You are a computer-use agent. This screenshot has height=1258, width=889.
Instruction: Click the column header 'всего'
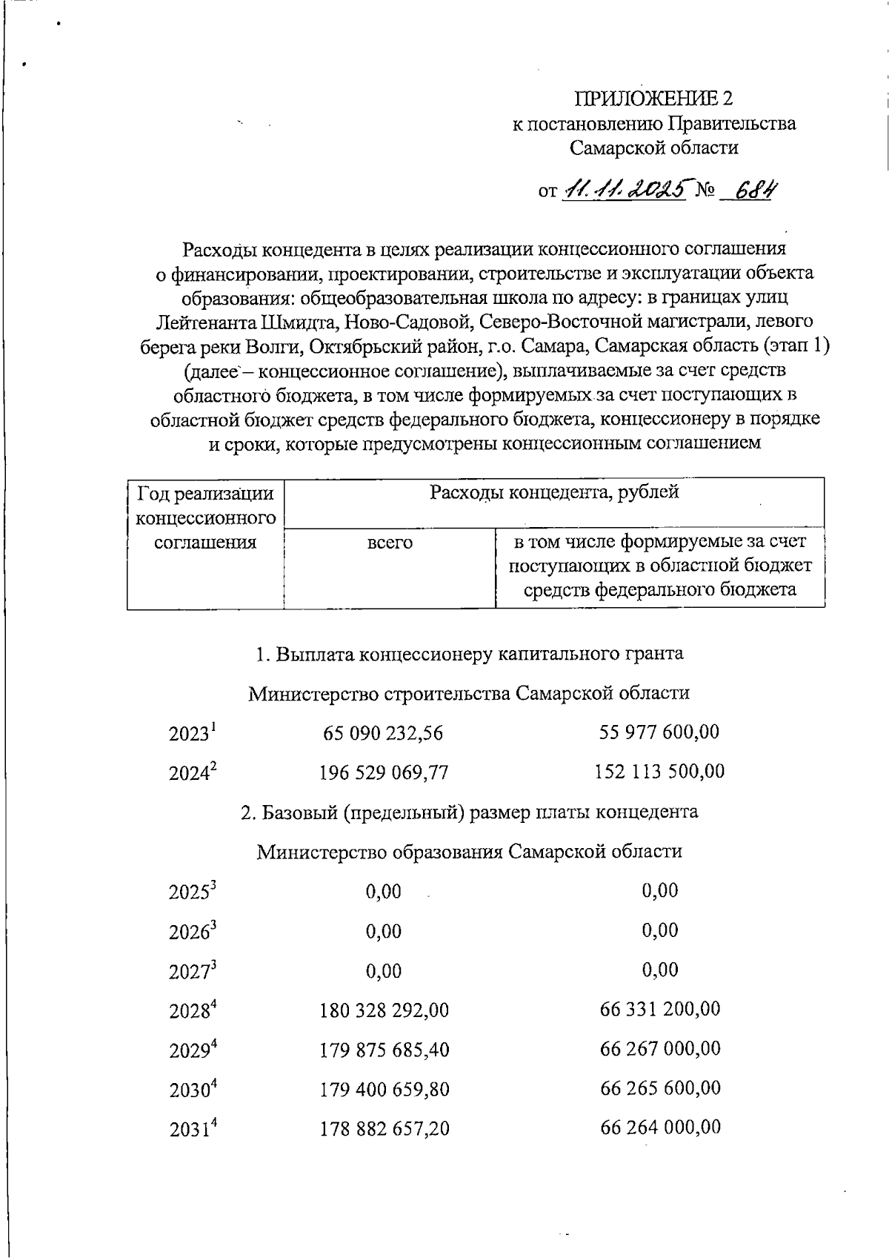pos(390,543)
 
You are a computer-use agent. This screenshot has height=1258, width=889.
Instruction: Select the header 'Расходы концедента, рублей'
pos(554,492)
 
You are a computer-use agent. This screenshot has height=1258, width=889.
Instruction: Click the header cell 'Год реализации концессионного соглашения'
pos(205,517)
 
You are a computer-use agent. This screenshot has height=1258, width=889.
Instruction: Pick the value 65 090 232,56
pos(383,734)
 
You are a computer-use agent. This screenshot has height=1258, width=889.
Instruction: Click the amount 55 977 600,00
pos(659,732)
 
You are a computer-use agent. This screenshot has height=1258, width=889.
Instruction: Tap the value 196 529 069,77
pos(384,773)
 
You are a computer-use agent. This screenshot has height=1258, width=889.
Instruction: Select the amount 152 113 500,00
pos(659,772)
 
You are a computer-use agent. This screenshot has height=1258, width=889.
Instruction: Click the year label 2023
pos(191,734)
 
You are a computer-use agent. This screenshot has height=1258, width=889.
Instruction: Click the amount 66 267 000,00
pos(659,1049)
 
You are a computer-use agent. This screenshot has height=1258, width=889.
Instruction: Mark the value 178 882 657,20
pos(384,1130)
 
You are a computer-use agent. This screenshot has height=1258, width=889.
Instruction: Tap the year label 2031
pos(191,1130)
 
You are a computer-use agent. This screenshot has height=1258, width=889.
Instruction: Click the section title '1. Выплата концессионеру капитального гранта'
pos(469,654)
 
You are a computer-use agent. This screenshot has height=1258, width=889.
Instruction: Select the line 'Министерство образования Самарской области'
pos(469,852)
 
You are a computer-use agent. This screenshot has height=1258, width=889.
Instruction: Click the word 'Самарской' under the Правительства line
pos(614,148)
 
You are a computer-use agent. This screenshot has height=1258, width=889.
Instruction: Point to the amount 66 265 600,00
pos(659,1088)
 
